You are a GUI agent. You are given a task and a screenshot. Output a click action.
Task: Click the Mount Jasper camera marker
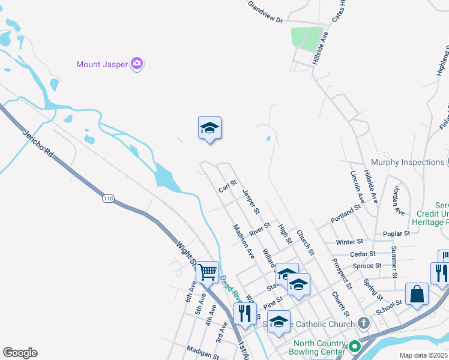(137, 64)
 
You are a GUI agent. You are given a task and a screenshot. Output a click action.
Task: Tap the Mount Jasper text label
(103, 64)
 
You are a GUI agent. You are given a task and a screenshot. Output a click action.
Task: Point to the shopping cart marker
(207, 272)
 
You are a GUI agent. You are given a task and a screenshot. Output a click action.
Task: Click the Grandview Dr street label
(265, 12)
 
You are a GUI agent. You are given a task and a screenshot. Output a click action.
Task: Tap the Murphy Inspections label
(407, 162)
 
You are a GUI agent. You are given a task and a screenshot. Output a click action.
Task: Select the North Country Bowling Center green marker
(354, 346)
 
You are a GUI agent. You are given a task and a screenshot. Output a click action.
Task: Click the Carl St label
(228, 187)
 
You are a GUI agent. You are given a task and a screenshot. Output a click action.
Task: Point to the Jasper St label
(251, 202)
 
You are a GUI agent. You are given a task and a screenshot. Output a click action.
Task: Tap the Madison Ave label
(244, 241)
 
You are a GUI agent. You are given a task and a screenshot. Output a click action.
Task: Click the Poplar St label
(396, 233)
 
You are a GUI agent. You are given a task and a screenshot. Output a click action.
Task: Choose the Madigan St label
(202, 352)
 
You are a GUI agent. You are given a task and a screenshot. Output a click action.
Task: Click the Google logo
(20, 353)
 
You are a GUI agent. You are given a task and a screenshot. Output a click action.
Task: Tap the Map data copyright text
(424, 355)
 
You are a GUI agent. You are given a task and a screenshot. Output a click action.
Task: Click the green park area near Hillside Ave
(307, 38)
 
